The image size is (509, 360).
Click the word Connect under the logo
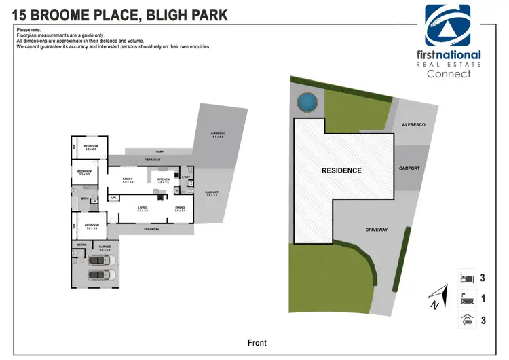coord(449,74)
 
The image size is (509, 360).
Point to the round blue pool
coord(306,102)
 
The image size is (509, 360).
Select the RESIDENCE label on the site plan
coord(341,170)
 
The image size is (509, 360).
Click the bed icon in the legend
coord(466,277)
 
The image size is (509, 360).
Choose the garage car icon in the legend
coord(466,320)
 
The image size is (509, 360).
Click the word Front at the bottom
coord(257,343)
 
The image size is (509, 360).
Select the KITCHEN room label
coord(164,179)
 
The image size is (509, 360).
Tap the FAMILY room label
coord(128,179)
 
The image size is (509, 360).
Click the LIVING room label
coord(143,207)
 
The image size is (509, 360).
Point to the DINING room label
coord(180,207)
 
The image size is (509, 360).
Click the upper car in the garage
coord(101,260)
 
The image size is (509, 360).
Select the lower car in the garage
coord(101,274)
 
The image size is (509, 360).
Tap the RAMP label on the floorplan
coord(159,151)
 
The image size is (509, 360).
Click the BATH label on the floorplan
coord(85,198)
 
